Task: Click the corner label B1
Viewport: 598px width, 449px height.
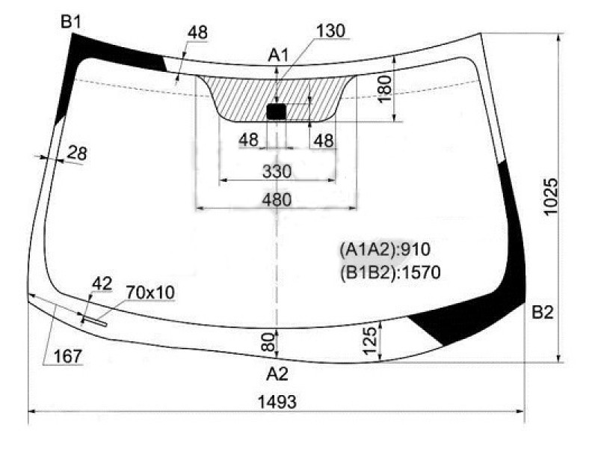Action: click(x=71, y=22)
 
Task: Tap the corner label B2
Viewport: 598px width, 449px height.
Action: click(x=543, y=312)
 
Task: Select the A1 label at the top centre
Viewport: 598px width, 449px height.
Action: click(x=278, y=55)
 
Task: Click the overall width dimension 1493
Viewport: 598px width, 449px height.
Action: click(x=277, y=402)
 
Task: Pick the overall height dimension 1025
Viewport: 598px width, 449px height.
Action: click(x=551, y=197)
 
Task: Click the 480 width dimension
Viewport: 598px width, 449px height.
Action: click(x=277, y=200)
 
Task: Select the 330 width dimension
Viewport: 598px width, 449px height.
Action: click(x=277, y=171)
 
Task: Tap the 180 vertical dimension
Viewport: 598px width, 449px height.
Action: click(x=385, y=89)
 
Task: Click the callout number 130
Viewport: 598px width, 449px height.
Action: click(x=330, y=31)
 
